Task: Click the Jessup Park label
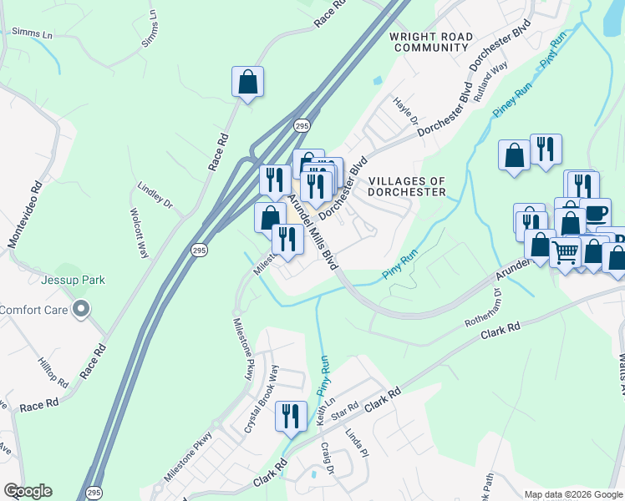pos(76,280)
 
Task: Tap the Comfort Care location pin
pos(81,310)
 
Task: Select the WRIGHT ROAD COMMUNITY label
pos(431,43)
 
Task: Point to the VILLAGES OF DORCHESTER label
pos(407,186)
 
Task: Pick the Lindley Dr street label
pos(155,197)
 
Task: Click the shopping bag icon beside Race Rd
pos(247,82)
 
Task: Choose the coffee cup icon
pos(595,214)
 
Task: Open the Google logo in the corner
pos(28,491)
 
